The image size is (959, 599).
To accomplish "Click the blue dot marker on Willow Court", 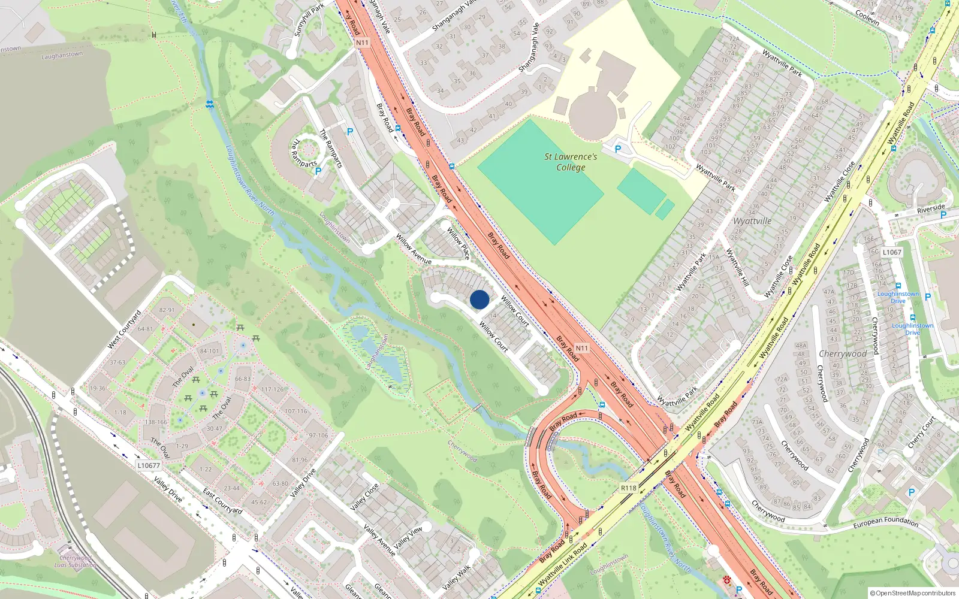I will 479,299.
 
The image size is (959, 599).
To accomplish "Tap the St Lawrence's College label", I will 571,162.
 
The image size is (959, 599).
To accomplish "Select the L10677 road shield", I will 149,465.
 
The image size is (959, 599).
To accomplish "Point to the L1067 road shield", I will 892,252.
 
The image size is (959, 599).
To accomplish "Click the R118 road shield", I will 628,488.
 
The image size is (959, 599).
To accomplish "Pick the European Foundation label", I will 885,522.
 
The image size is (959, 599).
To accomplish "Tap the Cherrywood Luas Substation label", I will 76,561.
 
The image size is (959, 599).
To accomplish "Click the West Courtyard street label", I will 124,329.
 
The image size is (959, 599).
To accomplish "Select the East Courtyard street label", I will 222,501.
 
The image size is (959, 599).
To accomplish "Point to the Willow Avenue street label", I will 414,249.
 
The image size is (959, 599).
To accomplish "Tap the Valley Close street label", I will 364,497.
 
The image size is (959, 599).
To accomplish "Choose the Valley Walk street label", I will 457,576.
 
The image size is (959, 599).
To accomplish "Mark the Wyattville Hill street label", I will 737,267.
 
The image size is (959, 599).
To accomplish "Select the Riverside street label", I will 930,209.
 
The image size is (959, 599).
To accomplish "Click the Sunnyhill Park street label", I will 309,20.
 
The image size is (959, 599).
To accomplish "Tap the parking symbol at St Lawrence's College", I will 618,149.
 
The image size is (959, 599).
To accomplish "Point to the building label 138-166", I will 156,422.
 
